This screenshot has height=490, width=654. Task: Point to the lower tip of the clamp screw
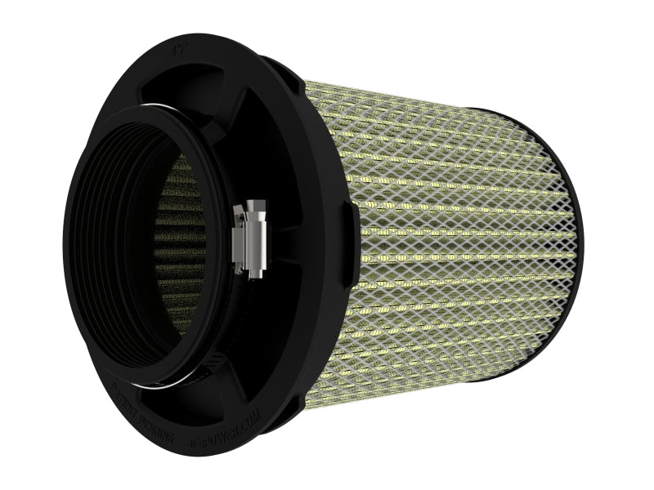[261, 272]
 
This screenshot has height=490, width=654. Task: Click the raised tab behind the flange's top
[278, 64]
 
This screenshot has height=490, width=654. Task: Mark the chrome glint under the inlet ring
[188, 381]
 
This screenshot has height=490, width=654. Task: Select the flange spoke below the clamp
[270, 343]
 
